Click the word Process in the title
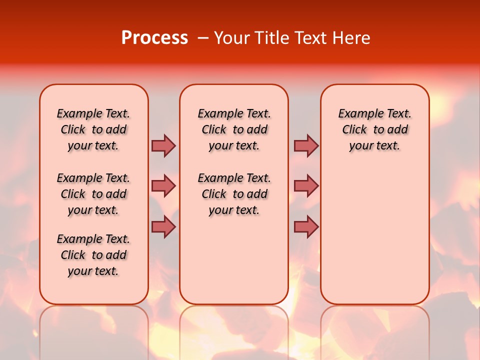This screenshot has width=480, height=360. pos(154,37)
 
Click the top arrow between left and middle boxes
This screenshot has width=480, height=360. pos(163,145)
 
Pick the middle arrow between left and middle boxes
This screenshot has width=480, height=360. pos(163,186)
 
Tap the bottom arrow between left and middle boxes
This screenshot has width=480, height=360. pos(163,227)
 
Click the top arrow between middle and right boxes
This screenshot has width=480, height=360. pos(306,145)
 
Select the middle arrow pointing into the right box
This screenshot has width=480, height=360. pos(306,186)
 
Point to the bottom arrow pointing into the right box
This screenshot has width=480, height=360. pos(306,227)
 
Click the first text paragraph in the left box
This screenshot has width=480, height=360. pos(93,129)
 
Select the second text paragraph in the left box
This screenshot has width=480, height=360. pos(93,194)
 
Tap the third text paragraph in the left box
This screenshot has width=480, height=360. pos(93,255)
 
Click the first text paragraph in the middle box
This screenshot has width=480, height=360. pos(234,129)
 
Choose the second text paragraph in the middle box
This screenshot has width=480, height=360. pos(234,194)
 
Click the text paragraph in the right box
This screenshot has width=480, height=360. pos(374,129)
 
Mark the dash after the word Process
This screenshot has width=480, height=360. pos(203,38)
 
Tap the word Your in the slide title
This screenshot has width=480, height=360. pos(231,37)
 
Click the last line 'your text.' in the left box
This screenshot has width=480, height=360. pos(93,271)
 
